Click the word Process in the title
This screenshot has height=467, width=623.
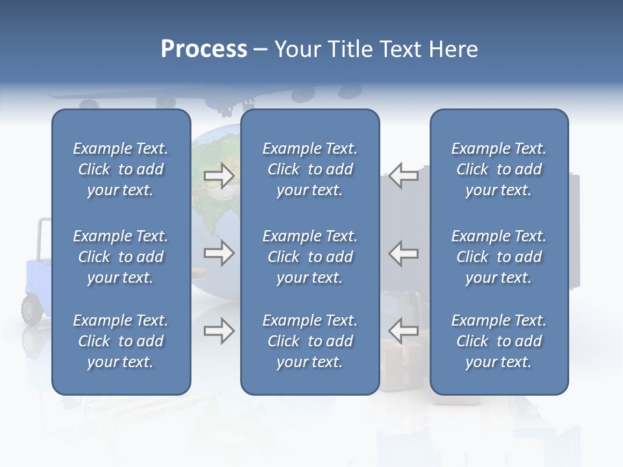(x=204, y=49)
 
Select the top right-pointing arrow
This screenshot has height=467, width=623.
(x=219, y=175)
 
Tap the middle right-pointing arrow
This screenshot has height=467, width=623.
(x=219, y=253)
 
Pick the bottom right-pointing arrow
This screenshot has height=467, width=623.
(x=219, y=331)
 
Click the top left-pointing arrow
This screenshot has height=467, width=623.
(x=404, y=175)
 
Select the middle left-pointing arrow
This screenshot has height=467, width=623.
(x=404, y=253)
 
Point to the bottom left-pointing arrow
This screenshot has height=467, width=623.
(x=404, y=331)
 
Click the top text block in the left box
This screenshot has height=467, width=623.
(x=121, y=169)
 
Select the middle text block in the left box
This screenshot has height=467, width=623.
(x=121, y=257)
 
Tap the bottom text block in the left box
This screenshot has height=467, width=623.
(x=121, y=341)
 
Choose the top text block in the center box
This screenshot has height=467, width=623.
(x=310, y=169)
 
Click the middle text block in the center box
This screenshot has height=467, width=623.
(x=310, y=257)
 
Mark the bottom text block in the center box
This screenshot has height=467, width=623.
(x=310, y=341)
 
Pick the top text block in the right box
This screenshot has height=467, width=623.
(x=498, y=169)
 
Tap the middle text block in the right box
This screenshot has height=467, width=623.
(x=498, y=257)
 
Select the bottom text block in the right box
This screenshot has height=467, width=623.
(x=498, y=341)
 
